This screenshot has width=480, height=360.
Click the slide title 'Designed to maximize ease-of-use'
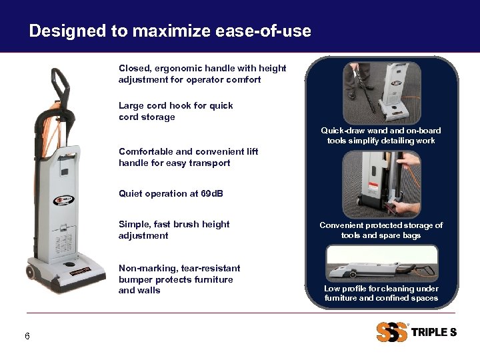tap(170, 31)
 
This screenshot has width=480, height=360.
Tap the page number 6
tap(27, 336)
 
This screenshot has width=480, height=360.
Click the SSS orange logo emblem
tap(391, 332)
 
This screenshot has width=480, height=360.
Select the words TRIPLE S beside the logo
tap(434, 332)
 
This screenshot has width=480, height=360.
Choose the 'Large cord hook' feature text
tap(175, 111)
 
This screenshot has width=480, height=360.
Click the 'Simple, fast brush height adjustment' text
tap(174, 230)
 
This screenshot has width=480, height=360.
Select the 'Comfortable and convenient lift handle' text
tap(188, 157)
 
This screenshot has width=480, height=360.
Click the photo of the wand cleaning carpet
tap(381, 91)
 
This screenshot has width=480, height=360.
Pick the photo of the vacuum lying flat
tap(381, 263)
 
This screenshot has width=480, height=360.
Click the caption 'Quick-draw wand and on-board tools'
tap(381, 135)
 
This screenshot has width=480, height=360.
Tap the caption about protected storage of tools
tap(381, 230)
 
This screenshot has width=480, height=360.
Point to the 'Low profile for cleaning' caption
tap(381, 293)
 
